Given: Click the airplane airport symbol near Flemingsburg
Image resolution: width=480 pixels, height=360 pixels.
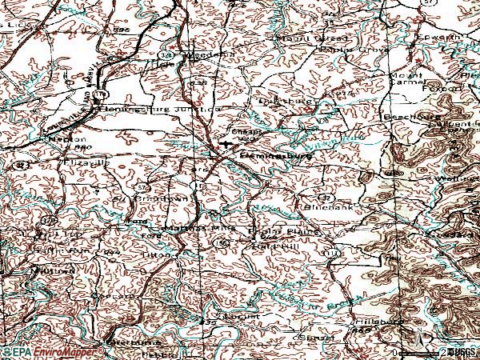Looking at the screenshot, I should (230, 146).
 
